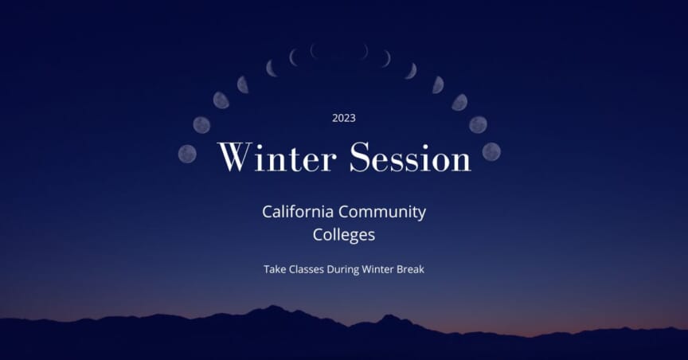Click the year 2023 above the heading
coord(344,118)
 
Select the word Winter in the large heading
coord(278,157)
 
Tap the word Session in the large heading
coord(411,157)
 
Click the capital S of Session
coord(360,157)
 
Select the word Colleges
coord(344,235)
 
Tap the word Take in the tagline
coord(275,269)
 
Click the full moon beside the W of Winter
coord(187,153)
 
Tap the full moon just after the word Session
coord(491,151)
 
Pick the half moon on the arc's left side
coord(243,84)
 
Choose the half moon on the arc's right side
coord(437,84)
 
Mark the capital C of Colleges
coord(318,235)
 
